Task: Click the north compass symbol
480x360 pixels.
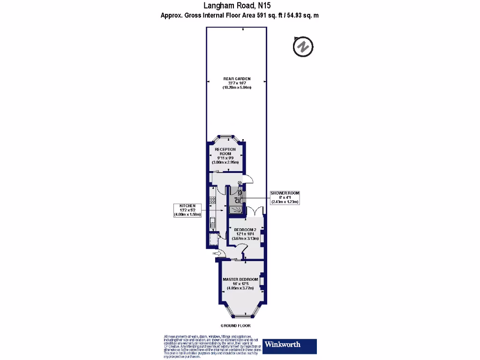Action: coord(303,47)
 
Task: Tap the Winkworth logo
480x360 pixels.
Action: coord(289,346)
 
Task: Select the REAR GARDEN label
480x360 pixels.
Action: coord(237,83)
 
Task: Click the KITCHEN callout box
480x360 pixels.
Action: coord(187,210)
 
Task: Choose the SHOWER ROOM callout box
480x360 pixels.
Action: coord(285,197)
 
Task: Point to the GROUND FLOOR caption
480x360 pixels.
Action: coord(235,325)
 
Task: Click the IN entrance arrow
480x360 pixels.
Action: coord(217,254)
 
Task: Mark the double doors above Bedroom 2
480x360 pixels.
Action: coord(254,212)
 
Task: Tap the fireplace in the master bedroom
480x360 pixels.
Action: coord(262,281)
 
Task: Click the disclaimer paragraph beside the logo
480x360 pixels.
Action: coord(210,347)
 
